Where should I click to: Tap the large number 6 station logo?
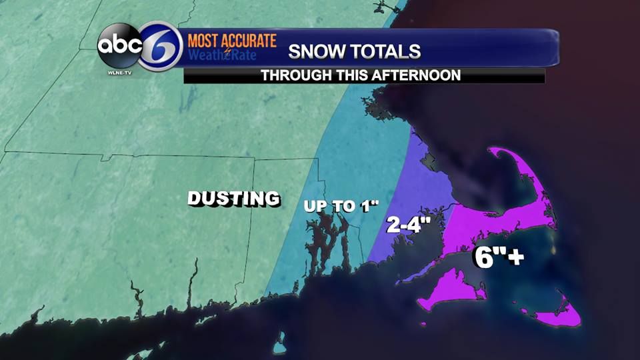(161, 47)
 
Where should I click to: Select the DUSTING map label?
(233, 198)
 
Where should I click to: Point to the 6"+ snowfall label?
(498, 257)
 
